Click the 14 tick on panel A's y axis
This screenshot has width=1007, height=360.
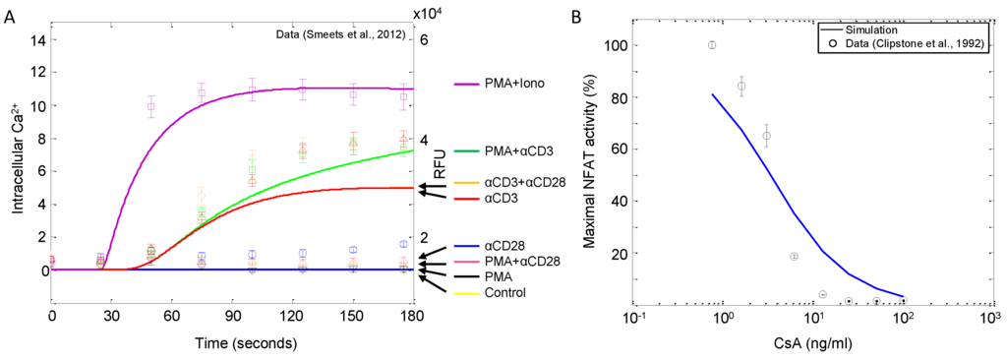point(37,40)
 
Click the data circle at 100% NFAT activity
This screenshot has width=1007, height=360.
point(712,45)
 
